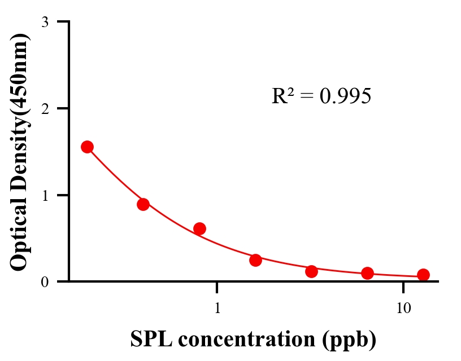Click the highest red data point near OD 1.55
click(87, 147)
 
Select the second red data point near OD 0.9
click(143, 204)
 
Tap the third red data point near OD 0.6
click(199, 228)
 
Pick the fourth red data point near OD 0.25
click(255, 260)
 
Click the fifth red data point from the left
click(311, 271)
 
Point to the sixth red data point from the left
click(367, 274)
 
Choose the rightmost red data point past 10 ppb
click(423, 275)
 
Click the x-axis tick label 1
click(218, 309)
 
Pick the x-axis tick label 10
click(403, 309)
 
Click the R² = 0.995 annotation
click(321, 96)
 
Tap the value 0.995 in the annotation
click(345, 96)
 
